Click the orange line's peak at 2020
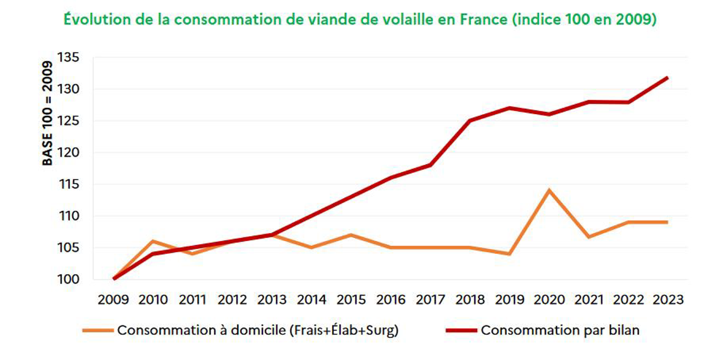pyautogui.click(x=549, y=190)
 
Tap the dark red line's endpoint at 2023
pyautogui.click(x=668, y=77)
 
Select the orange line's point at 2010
pyautogui.click(x=153, y=241)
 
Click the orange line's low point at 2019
pyautogui.click(x=510, y=254)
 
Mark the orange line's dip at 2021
pyautogui.click(x=589, y=237)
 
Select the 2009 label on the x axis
pyautogui.click(x=113, y=300)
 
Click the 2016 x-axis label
pyautogui.click(x=391, y=300)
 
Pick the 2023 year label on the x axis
pyautogui.click(x=668, y=300)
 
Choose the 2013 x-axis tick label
pyautogui.click(x=272, y=300)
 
